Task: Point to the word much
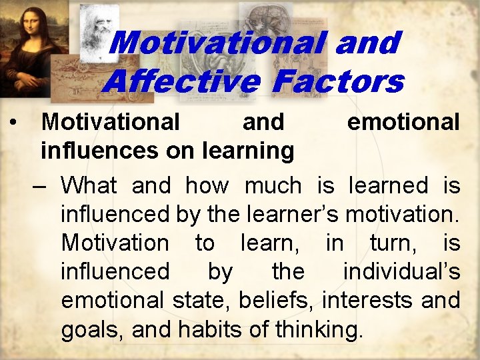pyautogui.click(x=273, y=185)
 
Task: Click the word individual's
pyautogui.click(x=401, y=271)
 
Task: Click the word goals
pyautogui.click(x=89, y=329)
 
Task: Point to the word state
pyautogui.click(x=197, y=300)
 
